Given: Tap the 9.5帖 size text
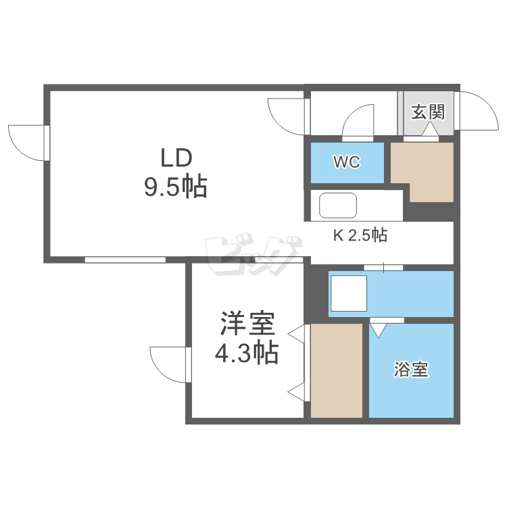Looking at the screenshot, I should pos(174,186).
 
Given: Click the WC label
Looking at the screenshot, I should pos(346,162).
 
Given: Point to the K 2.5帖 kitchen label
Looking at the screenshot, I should pos(359,236).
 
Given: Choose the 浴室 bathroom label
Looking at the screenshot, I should pos(411,370).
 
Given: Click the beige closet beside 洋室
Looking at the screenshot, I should pos(337,370).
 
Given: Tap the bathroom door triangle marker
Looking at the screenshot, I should pos(377,331).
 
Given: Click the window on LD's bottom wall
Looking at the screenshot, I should pos(125,259).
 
